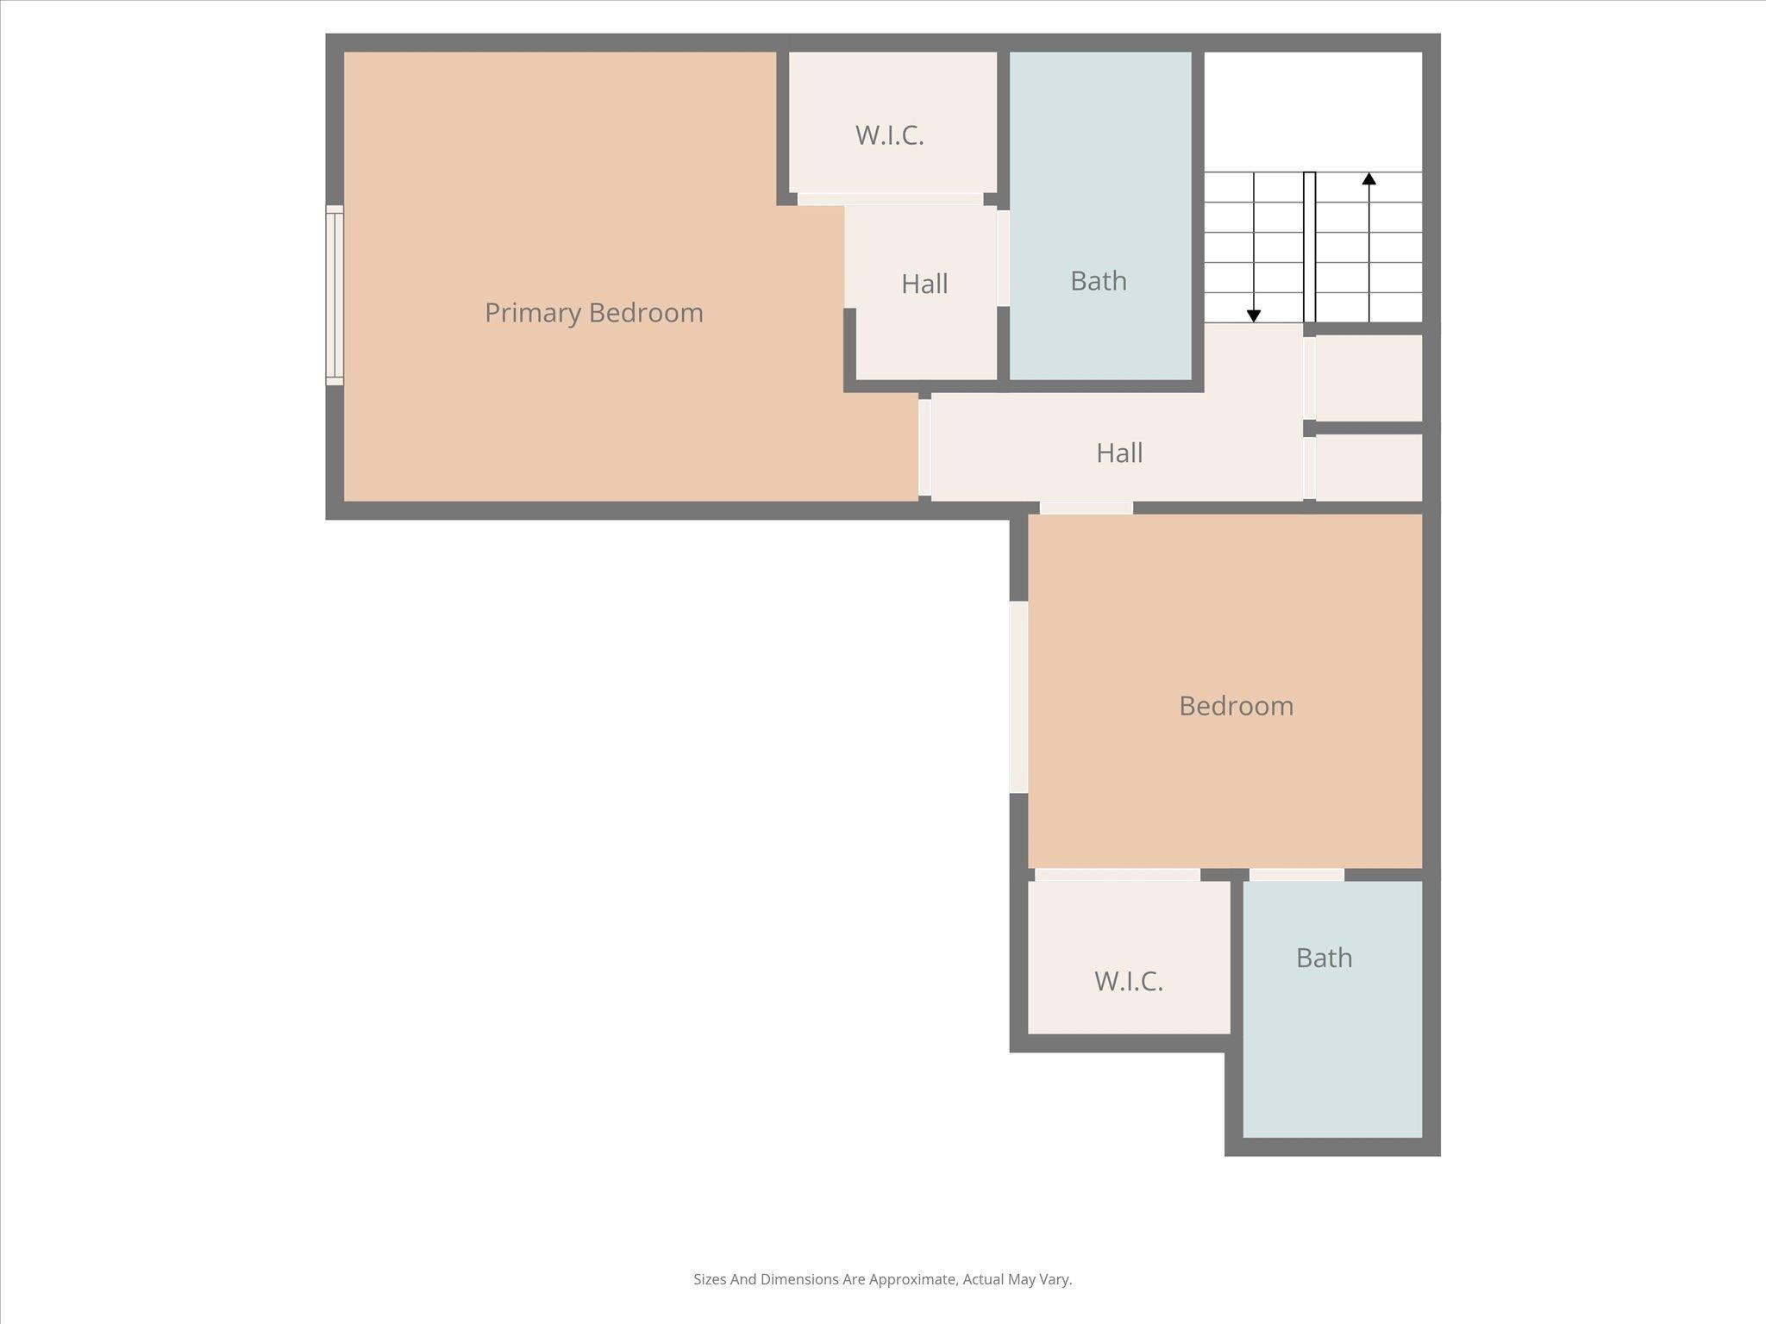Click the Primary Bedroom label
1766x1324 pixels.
pyautogui.click(x=593, y=312)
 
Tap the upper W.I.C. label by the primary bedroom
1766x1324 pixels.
pyautogui.click(x=889, y=135)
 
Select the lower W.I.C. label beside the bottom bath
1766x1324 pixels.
pyautogui.click(x=1129, y=981)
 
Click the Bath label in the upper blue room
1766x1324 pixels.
pyautogui.click(x=1098, y=281)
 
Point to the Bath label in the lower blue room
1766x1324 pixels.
pyautogui.click(x=1324, y=958)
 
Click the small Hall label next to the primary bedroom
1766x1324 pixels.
pyautogui.click(x=924, y=284)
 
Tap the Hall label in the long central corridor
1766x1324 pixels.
pyautogui.click(x=1119, y=453)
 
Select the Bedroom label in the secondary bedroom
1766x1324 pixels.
pyautogui.click(x=1236, y=706)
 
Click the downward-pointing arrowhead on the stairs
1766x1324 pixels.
pyautogui.click(x=1254, y=316)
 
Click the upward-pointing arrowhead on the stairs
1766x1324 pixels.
pyautogui.click(x=1368, y=178)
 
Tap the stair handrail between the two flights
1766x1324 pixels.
pyautogui.click(x=1309, y=247)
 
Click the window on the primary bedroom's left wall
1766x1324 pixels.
pyautogui.click(x=335, y=295)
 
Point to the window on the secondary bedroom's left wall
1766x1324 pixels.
pyautogui.click(x=1018, y=696)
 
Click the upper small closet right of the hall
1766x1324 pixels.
pyautogui.click(x=1368, y=378)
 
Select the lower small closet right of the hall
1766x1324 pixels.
pyautogui.click(x=1368, y=466)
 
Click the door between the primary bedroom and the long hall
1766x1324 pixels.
pyautogui.click(x=924, y=447)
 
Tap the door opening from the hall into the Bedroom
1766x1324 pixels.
pyautogui.click(x=1086, y=508)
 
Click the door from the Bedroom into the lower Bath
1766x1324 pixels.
pyautogui.click(x=1296, y=875)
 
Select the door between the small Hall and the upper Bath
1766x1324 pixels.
pyautogui.click(x=1003, y=258)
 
